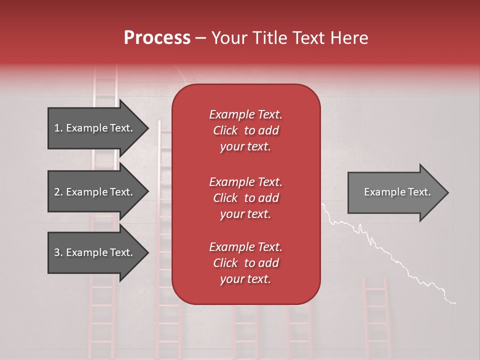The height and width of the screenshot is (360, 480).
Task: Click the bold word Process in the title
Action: click(157, 38)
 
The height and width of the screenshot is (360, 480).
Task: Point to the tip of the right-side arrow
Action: click(447, 192)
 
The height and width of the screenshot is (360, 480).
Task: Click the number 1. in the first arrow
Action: click(58, 128)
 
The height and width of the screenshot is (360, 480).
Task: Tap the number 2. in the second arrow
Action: click(58, 192)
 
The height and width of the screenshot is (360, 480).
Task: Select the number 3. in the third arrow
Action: click(58, 252)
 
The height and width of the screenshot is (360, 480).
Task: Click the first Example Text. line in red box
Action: click(245, 114)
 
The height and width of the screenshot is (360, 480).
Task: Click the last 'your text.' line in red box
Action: click(245, 279)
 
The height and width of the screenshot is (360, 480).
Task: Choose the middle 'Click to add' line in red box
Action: click(245, 198)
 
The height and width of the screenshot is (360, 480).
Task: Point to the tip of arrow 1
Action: click(147, 128)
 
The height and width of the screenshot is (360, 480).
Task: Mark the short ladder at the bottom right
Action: click(375, 315)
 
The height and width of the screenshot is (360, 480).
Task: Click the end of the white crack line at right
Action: click(454, 302)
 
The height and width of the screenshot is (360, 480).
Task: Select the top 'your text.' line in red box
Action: click(245, 147)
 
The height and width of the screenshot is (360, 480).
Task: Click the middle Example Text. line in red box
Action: click(245, 181)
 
